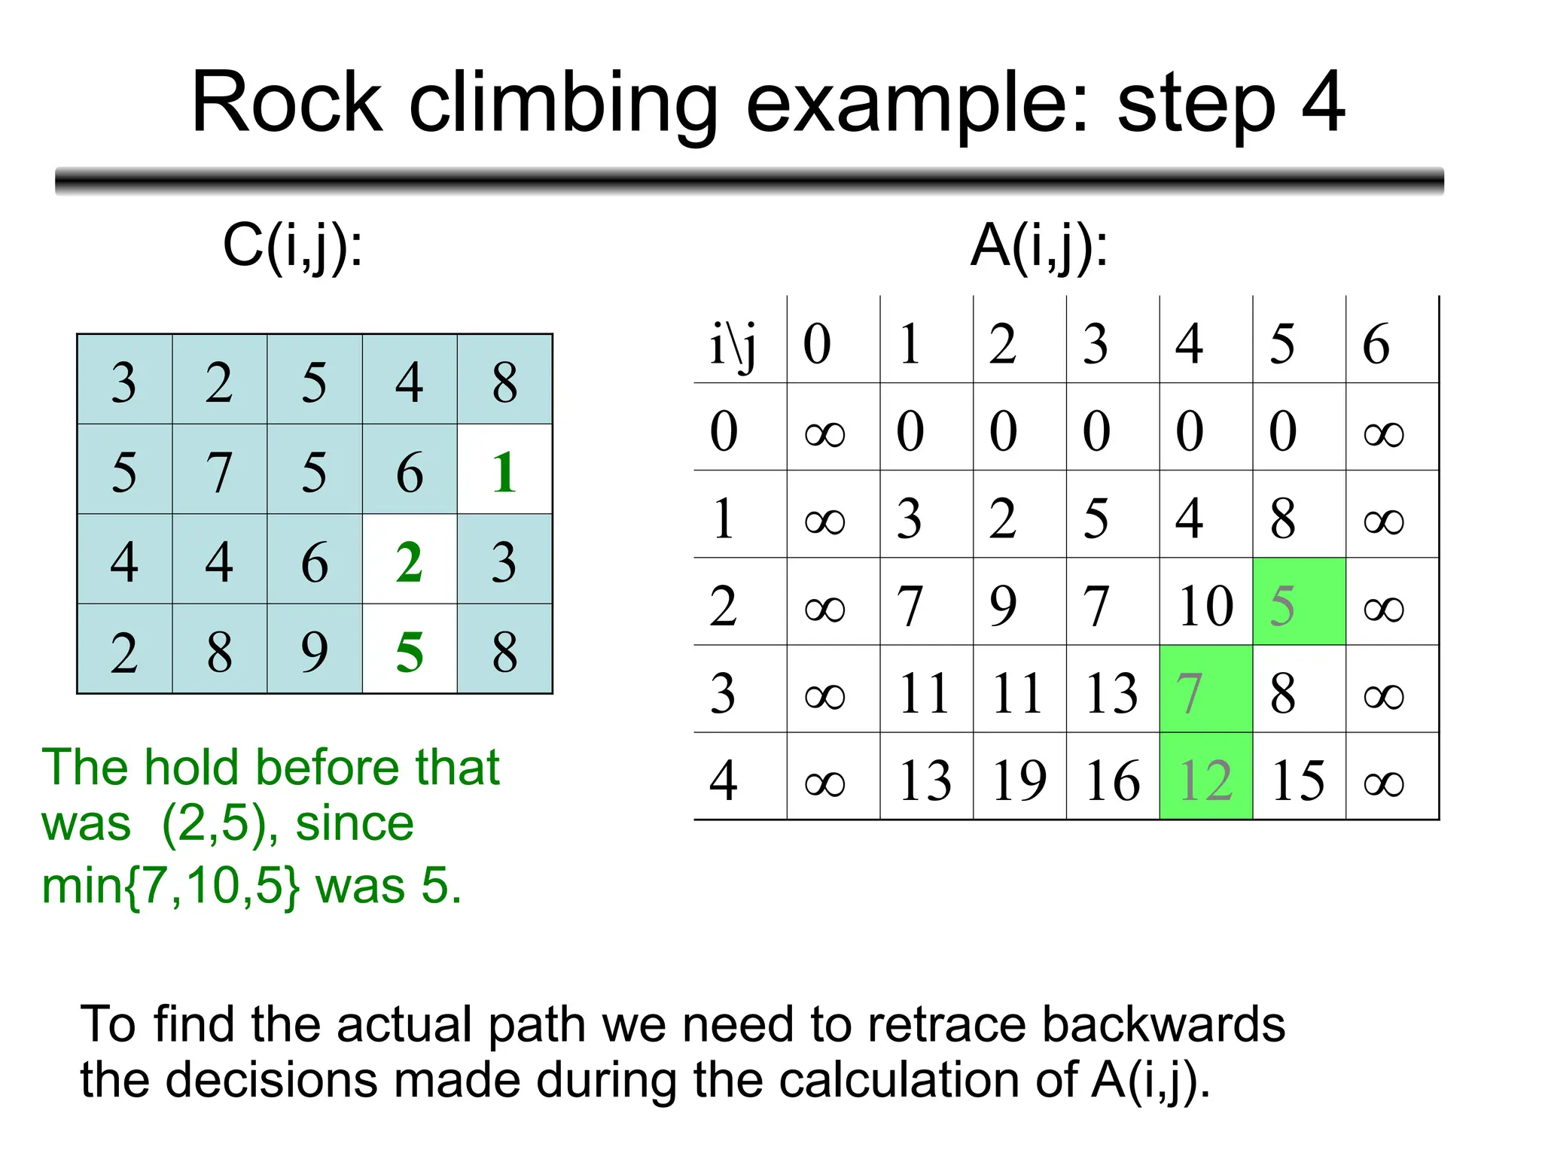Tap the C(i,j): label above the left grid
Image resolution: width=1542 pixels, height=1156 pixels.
(293, 246)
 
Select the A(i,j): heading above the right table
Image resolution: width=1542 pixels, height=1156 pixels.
(1039, 246)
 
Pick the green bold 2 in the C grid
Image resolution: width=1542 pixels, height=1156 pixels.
(410, 561)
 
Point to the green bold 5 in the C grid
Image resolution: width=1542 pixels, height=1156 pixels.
(410, 651)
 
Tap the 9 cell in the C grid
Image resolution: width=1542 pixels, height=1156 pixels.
(315, 651)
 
